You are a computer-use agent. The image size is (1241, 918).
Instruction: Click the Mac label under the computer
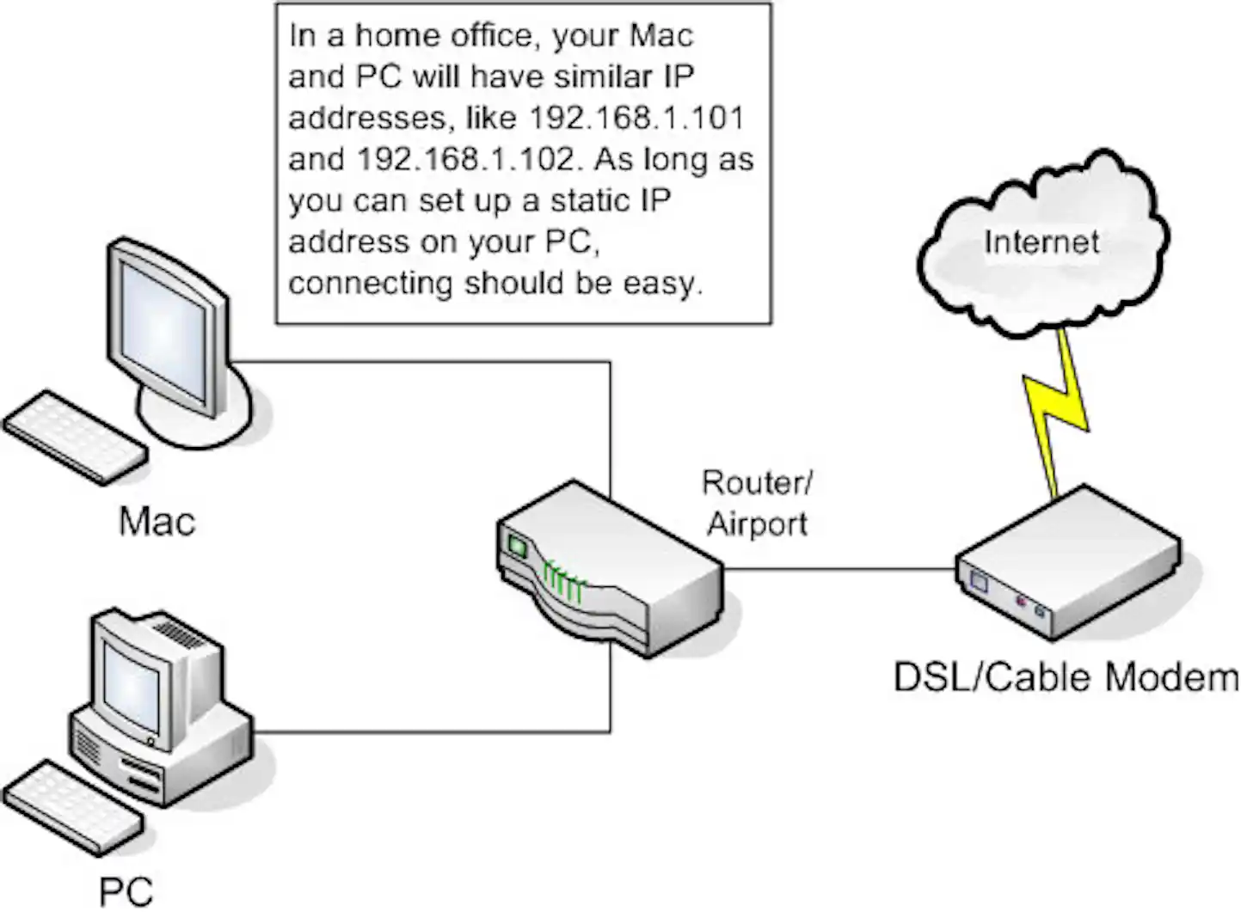coord(157,521)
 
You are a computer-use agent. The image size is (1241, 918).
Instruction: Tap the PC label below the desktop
coord(126,891)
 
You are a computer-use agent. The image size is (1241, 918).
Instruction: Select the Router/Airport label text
coord(757,503)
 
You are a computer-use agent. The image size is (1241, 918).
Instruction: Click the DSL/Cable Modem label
coord(1066,677)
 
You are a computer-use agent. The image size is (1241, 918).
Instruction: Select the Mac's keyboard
coord(76,437)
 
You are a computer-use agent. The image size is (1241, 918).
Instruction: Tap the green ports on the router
coord(563,583)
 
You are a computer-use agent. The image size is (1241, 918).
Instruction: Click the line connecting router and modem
coord(839,569)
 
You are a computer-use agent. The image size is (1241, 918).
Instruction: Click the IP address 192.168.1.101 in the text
coord(636,118)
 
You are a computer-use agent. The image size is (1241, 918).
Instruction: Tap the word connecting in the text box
coord(370,283)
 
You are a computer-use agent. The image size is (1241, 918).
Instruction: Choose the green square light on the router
coord(517,545)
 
